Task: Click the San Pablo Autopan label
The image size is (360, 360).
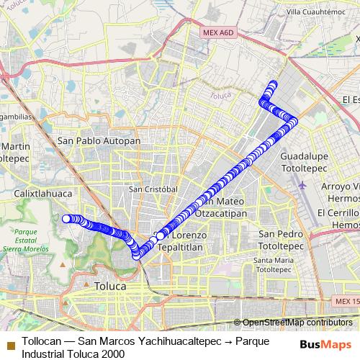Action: click(99, 140)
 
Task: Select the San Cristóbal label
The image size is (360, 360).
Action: click(153, 189)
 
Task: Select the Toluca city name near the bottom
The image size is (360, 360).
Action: click(109, 286)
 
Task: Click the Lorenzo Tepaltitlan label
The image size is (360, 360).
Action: click(189, 240)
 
